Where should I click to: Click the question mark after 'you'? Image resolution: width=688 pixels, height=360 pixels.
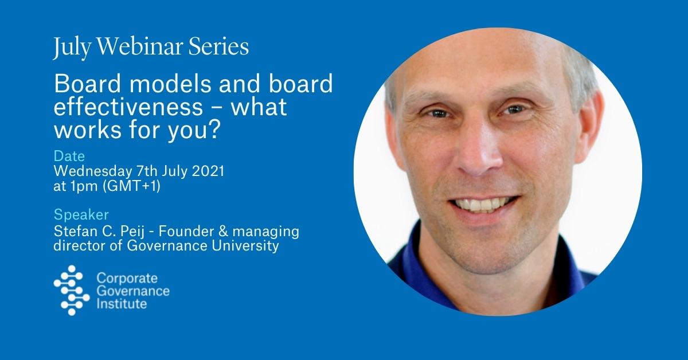click(x=214, y=129)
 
